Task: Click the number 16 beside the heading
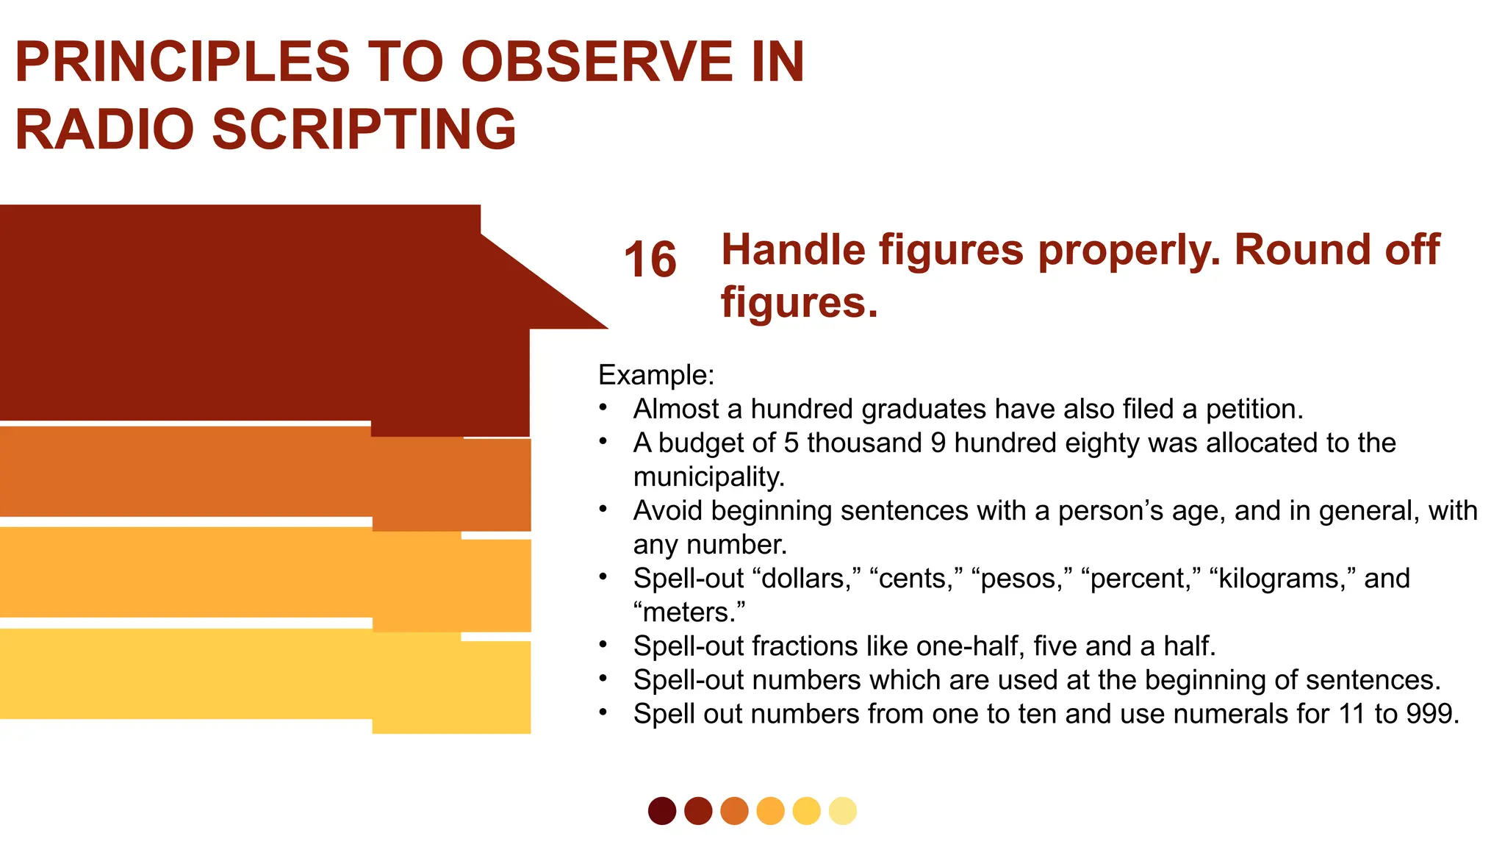coord(650,260)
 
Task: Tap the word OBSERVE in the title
coord(596,62)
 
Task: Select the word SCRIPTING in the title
coord(364,129)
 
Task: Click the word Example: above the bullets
coord(656,375)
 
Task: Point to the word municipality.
coord(709,477)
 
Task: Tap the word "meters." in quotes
coord(689,612)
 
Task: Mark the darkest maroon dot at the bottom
coord(662,811)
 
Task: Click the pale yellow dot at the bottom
coord(842,811)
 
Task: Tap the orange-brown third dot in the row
coord(734,811)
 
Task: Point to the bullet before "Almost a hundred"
coord(603,407)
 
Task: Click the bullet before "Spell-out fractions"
coord(603,645)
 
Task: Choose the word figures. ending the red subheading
coord(800,303)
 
